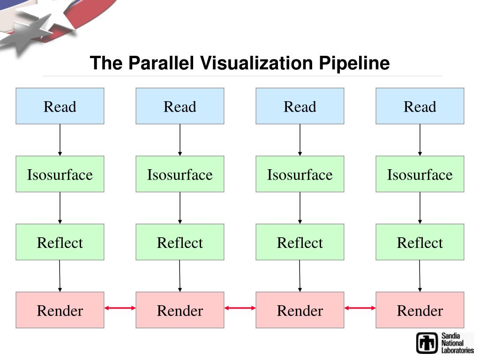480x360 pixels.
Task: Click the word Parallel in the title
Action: click(x=161, y=63)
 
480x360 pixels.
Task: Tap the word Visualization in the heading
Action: click(x=256, y=63)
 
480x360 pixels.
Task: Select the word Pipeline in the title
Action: click(x=354, y=64)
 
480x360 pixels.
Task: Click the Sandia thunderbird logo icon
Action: click(x=427, y=343)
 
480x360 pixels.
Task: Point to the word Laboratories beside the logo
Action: click(x=457, y=350)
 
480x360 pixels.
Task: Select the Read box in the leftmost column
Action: click(x=60, y=106)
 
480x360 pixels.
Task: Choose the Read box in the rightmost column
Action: click(x=420, y=106)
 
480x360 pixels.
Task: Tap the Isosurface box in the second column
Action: click(x=180, y=174)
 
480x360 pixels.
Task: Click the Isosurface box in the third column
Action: click(x=300, y=174)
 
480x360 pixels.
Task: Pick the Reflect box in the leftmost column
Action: click(x=60, y=242)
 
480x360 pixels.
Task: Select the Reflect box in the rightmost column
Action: click(x=420, y=242)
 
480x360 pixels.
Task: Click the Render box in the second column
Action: click(x=180, y=310)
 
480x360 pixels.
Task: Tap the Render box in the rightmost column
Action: click(x=420, y=310)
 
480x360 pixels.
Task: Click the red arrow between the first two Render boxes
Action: click(x=120, y=308)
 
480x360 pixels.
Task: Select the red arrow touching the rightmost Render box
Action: click(x=360, y=308)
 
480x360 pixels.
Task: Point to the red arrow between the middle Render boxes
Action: click(x=240, y=308)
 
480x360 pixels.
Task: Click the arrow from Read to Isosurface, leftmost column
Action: click(x=60, y=140)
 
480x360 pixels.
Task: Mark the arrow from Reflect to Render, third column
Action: click(x=300, y=276)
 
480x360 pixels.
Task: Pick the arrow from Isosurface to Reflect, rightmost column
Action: click(x=420, y=208)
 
